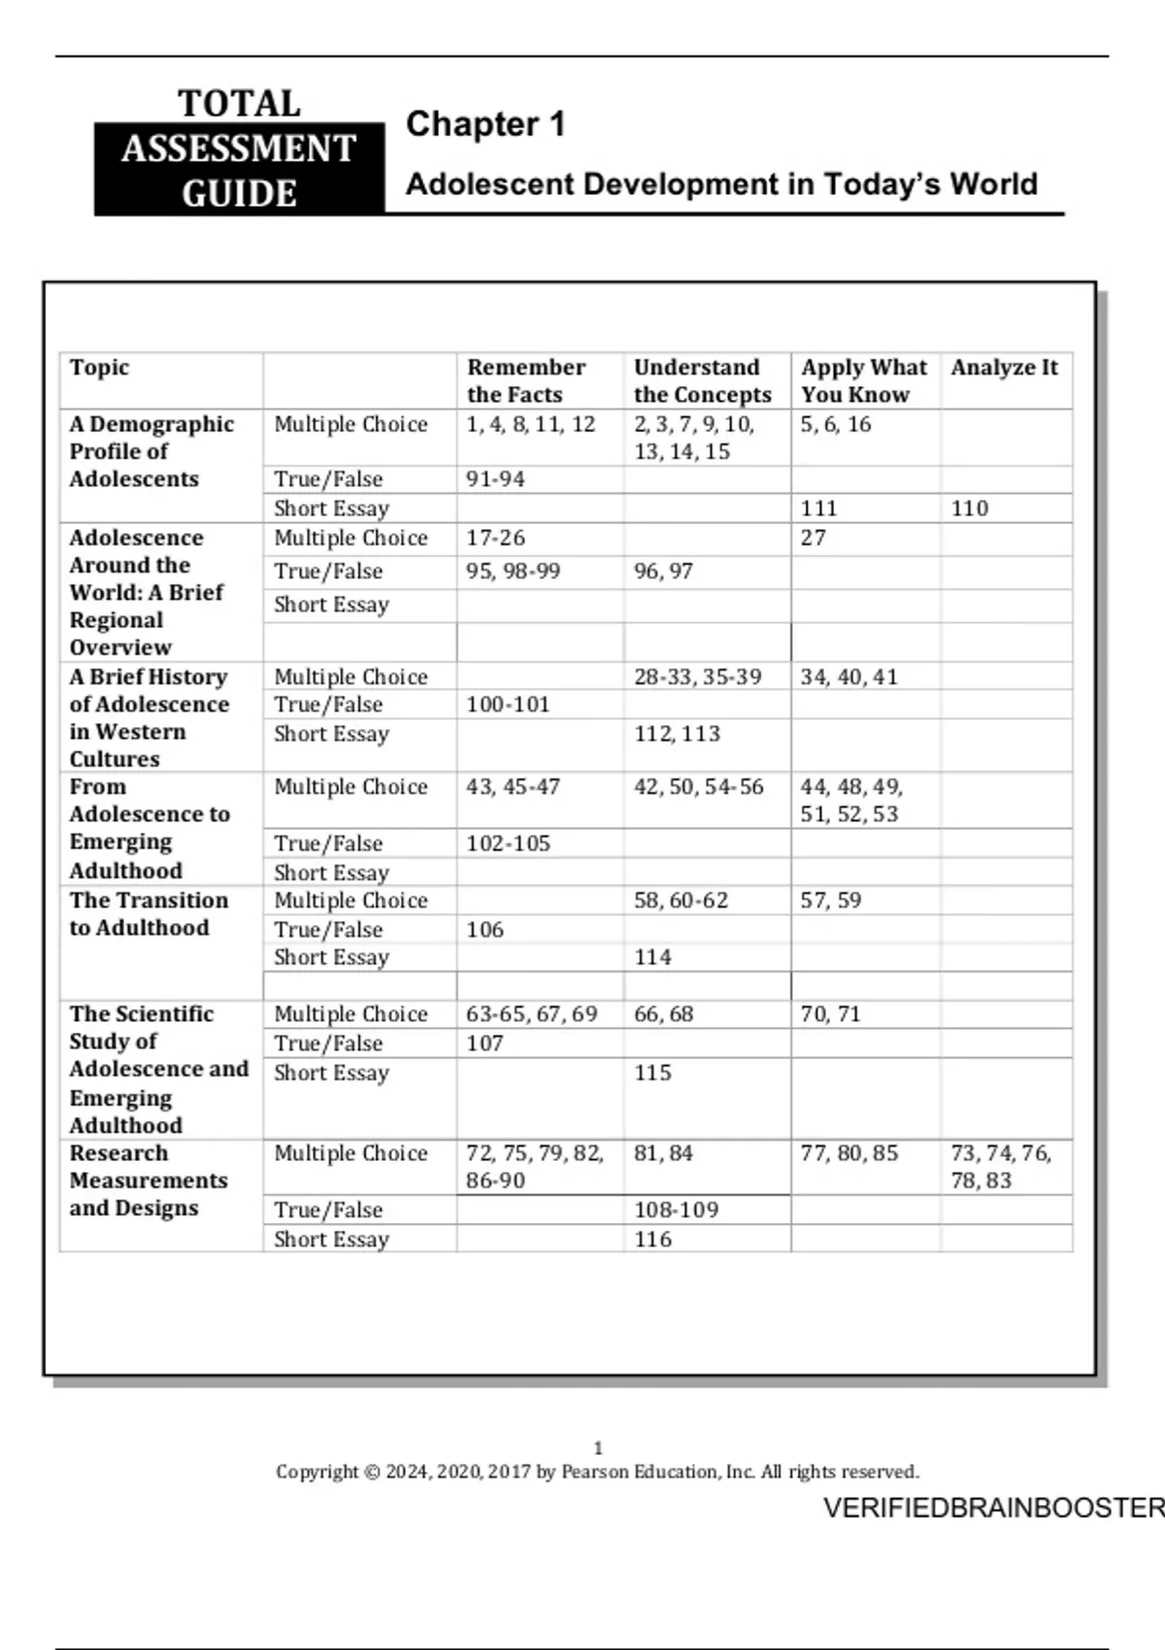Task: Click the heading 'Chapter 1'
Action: coord(484,124)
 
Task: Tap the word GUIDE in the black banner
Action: coord(239,193)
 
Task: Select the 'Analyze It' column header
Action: coord(1004,368)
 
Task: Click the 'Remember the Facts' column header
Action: coord(526,380)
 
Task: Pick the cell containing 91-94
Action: coord(495,479)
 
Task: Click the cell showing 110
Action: coord(969,509)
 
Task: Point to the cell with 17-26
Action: coord(495,538)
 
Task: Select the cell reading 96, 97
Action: coord(663,572)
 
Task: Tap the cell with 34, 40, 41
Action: coord(849,676)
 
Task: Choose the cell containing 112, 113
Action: coord(677,734)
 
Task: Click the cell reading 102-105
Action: coord(508,843)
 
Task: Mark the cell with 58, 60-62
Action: coord(681,901)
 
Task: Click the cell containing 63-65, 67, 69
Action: coord(531,1014)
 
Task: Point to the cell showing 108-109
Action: coord(676,1210)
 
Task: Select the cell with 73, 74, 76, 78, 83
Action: coord(1000,1167)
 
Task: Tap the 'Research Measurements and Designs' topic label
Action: coord(148,1181)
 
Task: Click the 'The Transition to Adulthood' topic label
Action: coord(148,914)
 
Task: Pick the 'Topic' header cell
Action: coord(99,368)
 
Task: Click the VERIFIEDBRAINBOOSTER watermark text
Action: coord(993,1508)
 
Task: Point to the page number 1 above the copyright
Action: coord(598,1448)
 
